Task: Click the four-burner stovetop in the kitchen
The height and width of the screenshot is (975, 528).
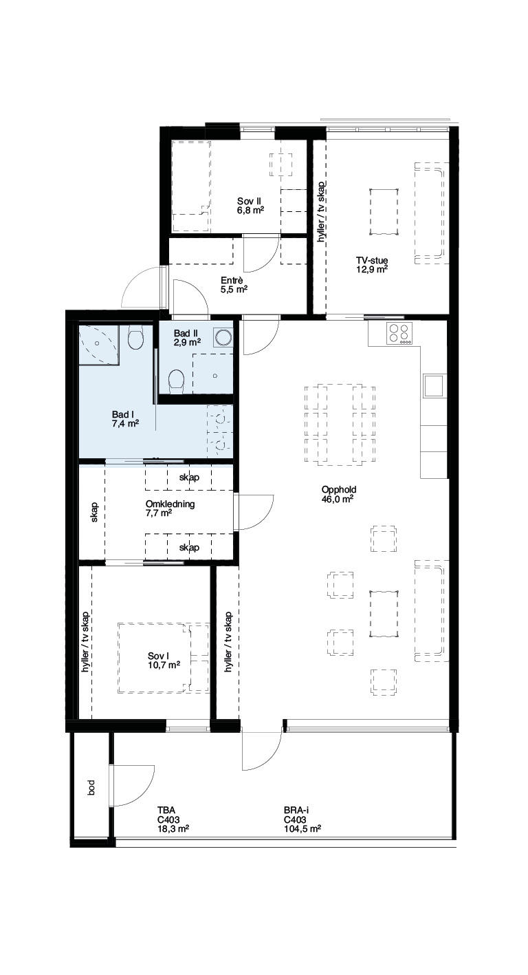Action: coord(399,334)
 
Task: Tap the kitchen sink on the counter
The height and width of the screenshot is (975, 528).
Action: coord(434,385)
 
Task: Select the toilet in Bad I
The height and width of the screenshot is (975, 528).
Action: coord(136,339)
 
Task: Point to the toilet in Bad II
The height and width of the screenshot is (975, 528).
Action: coord(177,381)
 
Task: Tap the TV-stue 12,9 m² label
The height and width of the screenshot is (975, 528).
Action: coord(372,265)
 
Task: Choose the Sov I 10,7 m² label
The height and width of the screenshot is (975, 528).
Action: coord(164,661)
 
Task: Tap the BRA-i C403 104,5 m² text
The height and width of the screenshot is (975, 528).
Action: coord(302,819)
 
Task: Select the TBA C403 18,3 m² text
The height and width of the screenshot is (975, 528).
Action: coord(173,819)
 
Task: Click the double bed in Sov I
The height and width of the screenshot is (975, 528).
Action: coord(164,658)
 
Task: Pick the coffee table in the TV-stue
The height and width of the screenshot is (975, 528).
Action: coord(384,212)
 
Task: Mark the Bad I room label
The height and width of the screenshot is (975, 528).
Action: coord(125,419)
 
